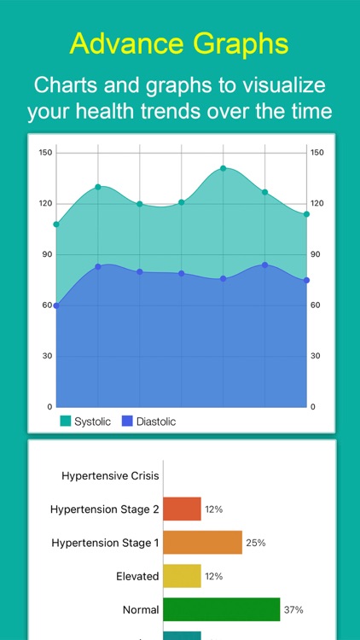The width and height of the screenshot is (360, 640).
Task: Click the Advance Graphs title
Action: [179, 42]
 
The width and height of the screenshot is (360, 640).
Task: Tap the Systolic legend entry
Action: [85, 421]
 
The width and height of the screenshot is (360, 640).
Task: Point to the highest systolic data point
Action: [224, 168]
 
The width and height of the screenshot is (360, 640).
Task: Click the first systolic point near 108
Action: [56, 224]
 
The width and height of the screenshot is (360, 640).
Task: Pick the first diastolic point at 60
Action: [56, 305]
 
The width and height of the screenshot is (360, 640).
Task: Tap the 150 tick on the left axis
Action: [46, 153]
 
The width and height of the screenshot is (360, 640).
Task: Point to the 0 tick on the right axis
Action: [313, 406]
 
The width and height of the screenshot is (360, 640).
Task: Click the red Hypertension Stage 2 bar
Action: [182, 509]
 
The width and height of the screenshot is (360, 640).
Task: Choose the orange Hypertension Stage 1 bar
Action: [202, 543]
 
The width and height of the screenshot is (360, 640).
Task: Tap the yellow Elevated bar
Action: [182, 576]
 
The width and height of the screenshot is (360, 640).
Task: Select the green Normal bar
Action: [221, 609]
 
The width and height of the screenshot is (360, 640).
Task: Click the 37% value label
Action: [293, 609]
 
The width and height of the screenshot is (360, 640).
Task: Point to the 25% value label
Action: [255, 543]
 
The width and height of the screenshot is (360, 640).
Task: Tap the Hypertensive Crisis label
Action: [110, 475]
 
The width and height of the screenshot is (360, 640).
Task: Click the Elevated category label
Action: [137, 576]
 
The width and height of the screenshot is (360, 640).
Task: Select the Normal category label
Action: [141, 609]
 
